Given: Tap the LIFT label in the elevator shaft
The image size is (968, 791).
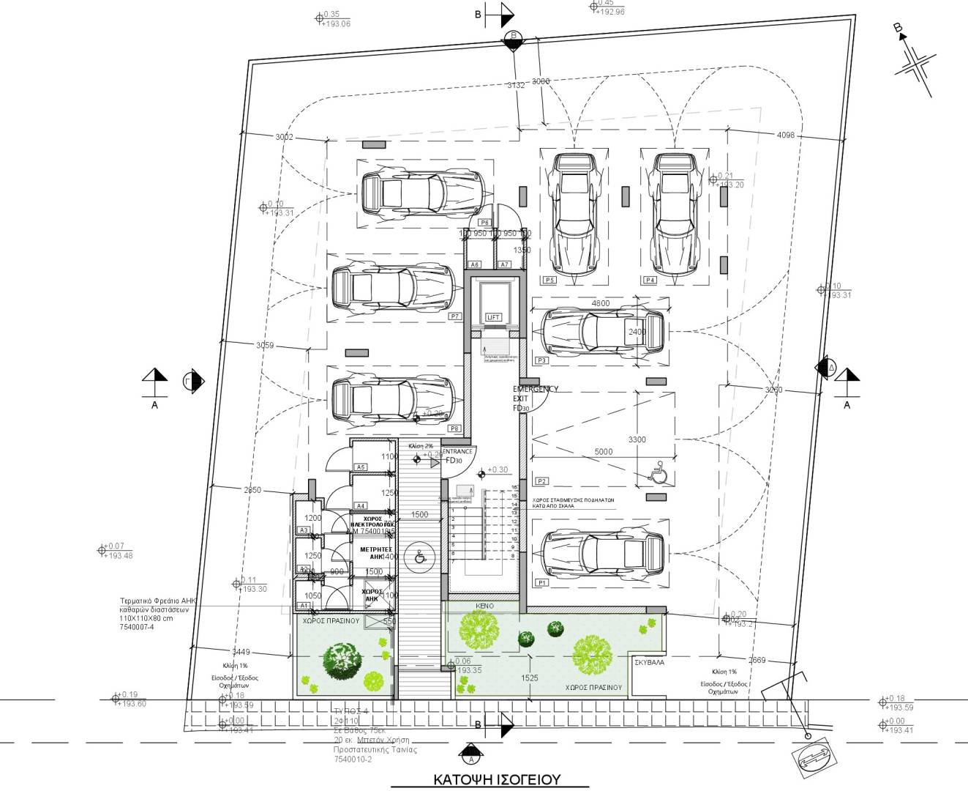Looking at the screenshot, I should [x=493, y=317].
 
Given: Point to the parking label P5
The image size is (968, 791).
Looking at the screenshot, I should [x=549, y=281].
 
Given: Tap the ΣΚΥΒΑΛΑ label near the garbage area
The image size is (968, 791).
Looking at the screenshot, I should [x=649, y=661].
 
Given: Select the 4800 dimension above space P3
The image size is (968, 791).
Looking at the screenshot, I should [x=600, y=303].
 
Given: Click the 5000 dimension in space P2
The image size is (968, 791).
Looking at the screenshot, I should [x=603, y=452].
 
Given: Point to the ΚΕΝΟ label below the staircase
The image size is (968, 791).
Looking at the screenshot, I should [x=484, y=606].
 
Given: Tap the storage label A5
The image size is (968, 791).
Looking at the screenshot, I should [x=361, y=467].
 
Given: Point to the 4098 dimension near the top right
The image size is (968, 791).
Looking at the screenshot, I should [x=786, y=135].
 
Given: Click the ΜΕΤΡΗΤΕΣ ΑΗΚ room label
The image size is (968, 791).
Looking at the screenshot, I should [x=376, y=553].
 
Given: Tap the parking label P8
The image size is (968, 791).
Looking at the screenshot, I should [x=455, y=428].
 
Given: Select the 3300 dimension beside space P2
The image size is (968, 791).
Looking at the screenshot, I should [x=637, y=439].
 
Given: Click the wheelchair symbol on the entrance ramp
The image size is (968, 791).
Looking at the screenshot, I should [x=420, y=557].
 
